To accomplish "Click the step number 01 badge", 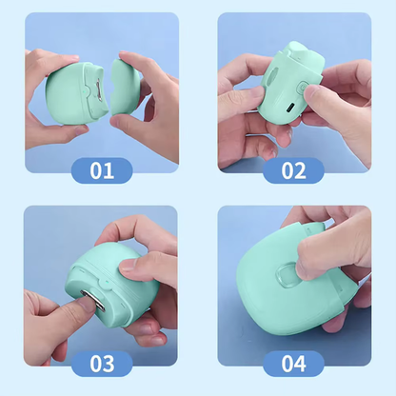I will click(101, 170).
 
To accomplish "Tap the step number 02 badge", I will click(293, 170).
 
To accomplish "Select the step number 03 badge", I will click(101, 363).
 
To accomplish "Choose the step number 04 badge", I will click(293, 363).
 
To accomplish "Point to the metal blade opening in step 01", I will click(99, 92).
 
